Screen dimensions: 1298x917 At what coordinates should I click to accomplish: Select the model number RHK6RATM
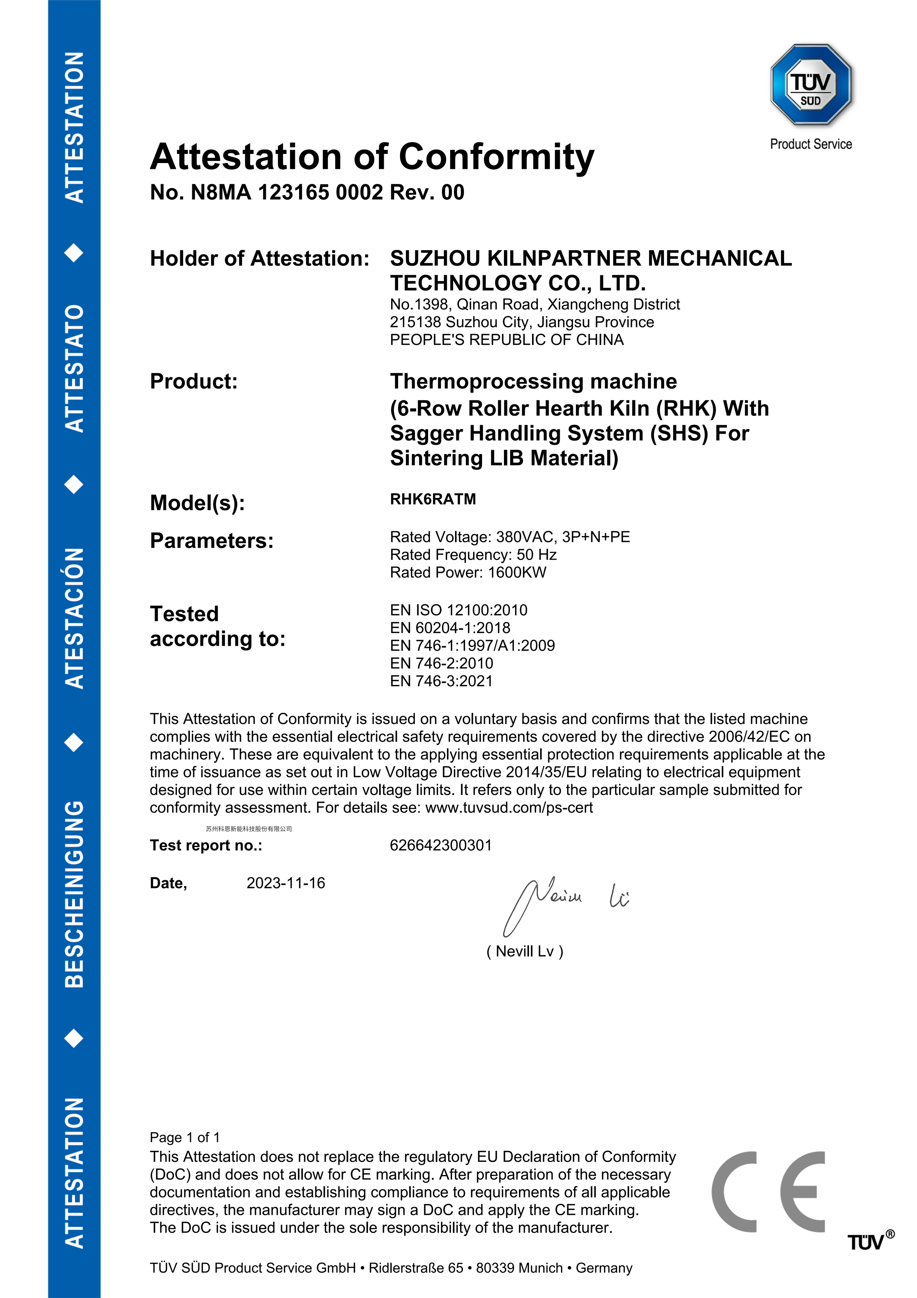(x=433, y=499)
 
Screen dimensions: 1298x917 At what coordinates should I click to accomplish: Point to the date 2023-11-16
(x=286, y=883)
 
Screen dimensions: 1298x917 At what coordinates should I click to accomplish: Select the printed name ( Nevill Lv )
(x=525, y=951)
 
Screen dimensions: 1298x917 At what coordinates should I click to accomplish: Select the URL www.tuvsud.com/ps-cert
(x=509, y=808)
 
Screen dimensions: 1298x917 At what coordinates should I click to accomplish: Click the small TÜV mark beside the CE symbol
(x=867, y=1242)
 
